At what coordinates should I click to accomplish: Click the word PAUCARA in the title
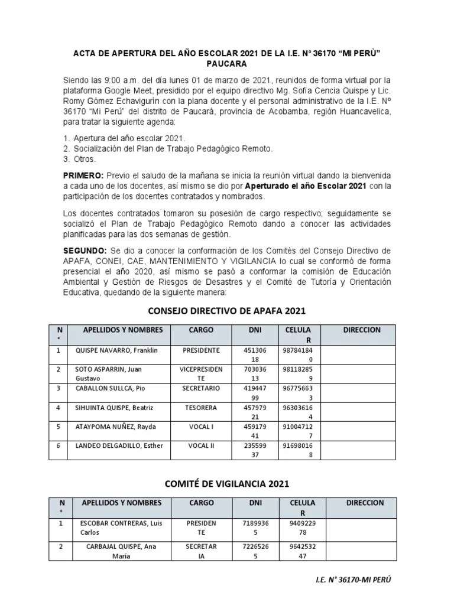pyautogui.click(x=227, y=63)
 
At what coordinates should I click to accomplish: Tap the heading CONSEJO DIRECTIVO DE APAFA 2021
pyautogui.click(x=226, y=310)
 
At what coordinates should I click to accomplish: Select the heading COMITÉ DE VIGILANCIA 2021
pyautogui.click(x=226, y=483)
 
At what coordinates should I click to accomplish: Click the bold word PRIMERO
pyautogui.click(x=83, y=175)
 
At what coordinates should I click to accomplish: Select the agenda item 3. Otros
pyautogui.click(x=79, y=160)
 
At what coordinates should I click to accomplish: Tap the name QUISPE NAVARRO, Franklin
pyautogui.click(x=116, y=350)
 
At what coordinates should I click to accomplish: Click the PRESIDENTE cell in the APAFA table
pyautogui.click(x=201, y=350)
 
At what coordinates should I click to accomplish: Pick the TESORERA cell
pyautogui.click(x=201, y=408)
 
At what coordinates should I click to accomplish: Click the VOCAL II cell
pyautogui.click(x=201, y=445)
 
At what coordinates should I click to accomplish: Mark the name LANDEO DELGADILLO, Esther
pyautogui.click(x=118, y=445)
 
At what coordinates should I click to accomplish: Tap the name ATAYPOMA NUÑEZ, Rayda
pyautogui.click(x=113, y=427)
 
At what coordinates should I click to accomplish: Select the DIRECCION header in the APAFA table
pyautogui.click(x=362, y=330)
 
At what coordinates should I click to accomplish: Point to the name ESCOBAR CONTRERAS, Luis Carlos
pyautogui.click(x=119, y=528)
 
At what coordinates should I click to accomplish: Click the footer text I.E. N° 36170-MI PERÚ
pyautogui.click(x=353, y=580)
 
